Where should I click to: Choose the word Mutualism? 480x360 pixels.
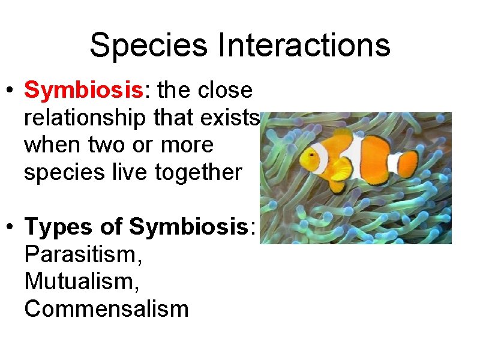(x=82, y=281)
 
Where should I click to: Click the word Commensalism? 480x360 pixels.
(x=107, y=309)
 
